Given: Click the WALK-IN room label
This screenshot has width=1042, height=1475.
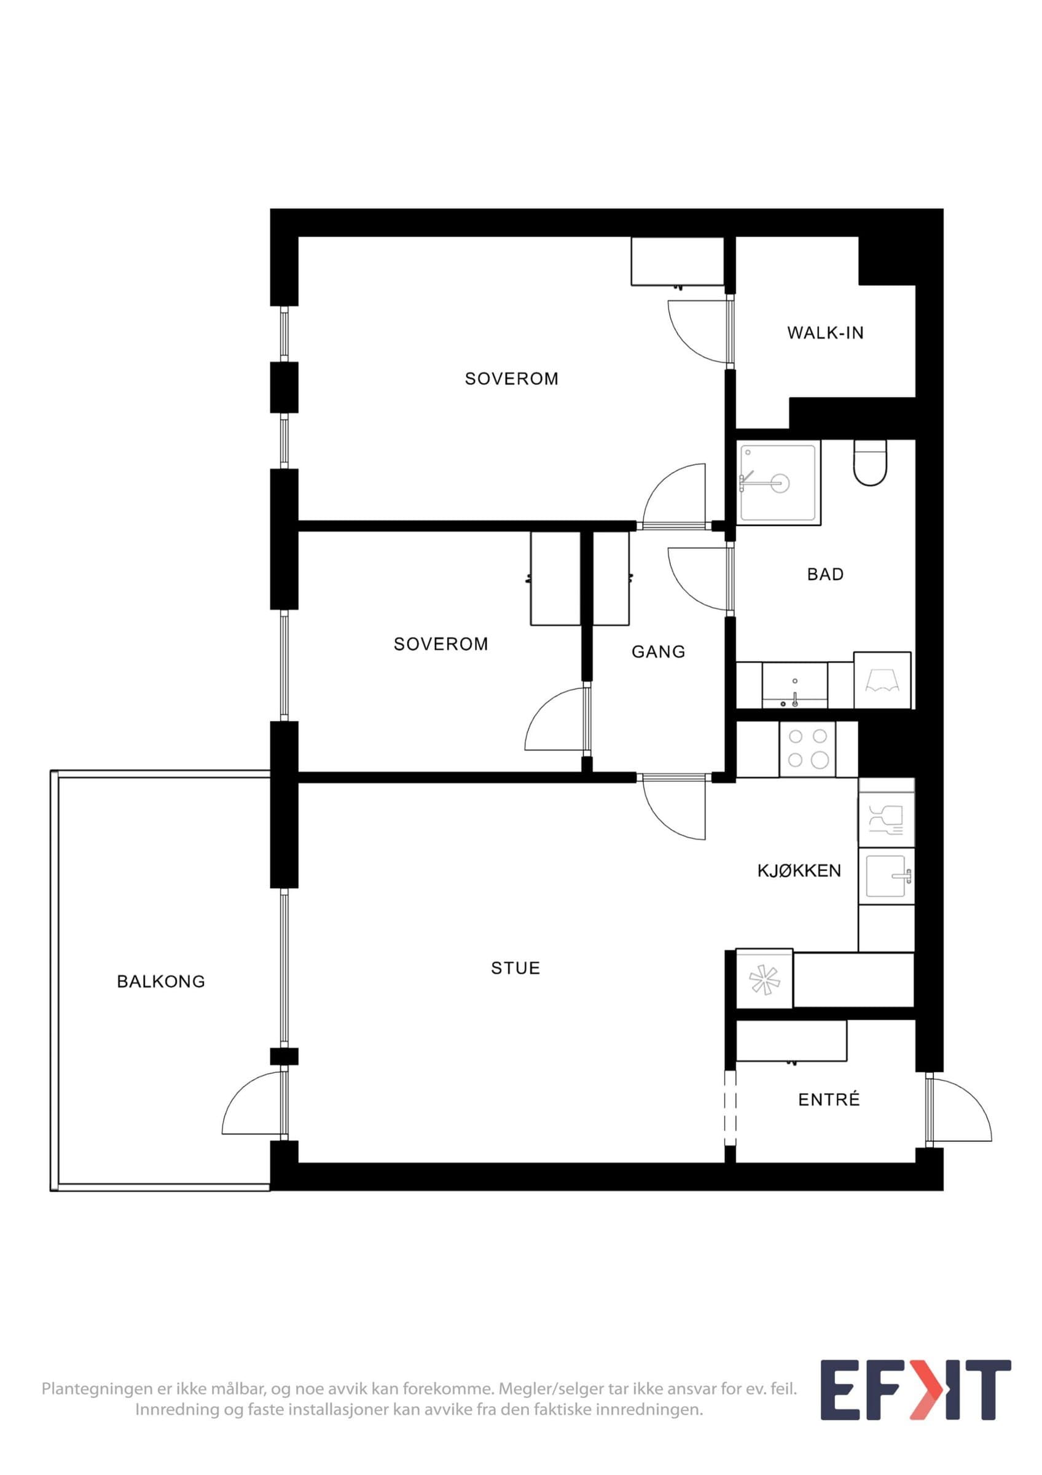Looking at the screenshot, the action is click(x=825, y=332).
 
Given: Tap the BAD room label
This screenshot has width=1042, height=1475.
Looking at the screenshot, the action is click(x=825, y=574).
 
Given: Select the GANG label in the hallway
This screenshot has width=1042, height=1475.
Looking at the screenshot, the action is click(x=658, y=652).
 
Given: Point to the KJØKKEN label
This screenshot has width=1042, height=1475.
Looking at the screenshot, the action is click(x=799, y=870).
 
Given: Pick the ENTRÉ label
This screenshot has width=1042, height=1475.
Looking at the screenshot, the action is click(x=829, y=1099).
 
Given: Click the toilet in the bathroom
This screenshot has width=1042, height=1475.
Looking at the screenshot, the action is click(x=870, y=463).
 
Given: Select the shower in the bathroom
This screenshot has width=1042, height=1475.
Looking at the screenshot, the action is click(x=780, y=483).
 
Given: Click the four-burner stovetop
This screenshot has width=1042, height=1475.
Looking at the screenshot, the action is click(x=808, y=749).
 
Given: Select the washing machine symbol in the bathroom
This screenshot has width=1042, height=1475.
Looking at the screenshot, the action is click(x=882, y=680).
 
